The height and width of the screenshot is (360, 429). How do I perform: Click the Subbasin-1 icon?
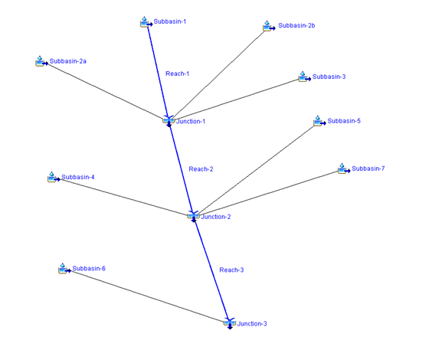tap(146, 22)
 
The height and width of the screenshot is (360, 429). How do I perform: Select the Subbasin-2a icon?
tap(42, 61)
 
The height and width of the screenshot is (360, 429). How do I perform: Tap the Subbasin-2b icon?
tap(269, 26)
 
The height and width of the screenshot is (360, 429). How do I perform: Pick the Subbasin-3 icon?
tap(305, 77)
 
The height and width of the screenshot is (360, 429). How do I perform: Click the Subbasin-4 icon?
tap(54, 177)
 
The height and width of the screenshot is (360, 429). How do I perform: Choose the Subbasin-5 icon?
tap(319, 121)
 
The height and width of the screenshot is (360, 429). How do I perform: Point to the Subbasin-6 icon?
tap(65, 269)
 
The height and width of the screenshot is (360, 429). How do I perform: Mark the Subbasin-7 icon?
tap(344, 169)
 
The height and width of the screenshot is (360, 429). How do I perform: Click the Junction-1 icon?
tap(169, 121)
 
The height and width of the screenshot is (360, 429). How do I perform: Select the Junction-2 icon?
tap(193, 216)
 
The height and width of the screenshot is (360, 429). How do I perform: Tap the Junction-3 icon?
tap(230, 323)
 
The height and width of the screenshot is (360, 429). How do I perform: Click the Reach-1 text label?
tap(177, 74)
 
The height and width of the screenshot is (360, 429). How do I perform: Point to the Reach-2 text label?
tap(201, 169)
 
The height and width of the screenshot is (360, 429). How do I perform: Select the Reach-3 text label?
tap(231, 270)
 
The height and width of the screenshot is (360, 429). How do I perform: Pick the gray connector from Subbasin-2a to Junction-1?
tap(106, 91)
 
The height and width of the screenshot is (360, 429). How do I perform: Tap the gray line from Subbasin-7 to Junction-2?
tap(268, 192)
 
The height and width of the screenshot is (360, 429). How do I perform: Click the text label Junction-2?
tap(216, 217)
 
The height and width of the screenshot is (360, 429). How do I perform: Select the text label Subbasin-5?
tap(344, 121)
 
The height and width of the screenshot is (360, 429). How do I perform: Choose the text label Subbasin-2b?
tap(296, 25)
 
